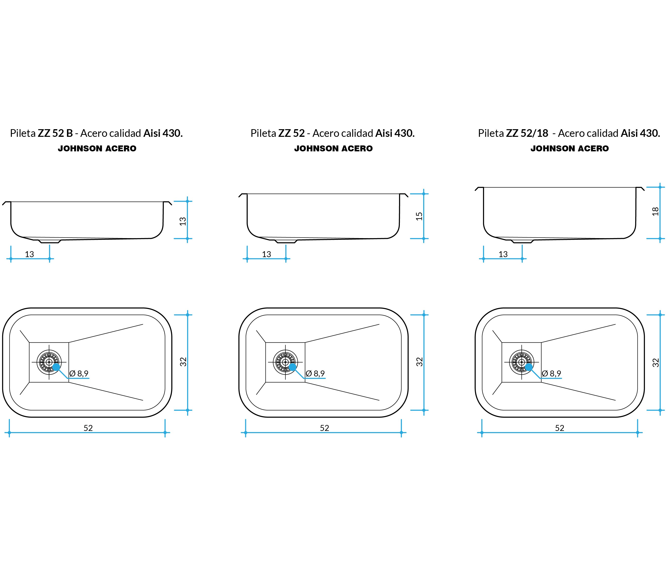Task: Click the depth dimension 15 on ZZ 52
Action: pos(419,216)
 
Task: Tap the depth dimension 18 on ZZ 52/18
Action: pos(655,212)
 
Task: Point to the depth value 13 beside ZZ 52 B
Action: pos(183,221)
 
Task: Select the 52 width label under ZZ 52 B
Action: pos(88,428)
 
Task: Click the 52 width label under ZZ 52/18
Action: pos(559,428)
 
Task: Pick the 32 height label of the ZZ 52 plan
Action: pos(419,362)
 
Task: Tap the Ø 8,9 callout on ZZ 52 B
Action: pos(79,373)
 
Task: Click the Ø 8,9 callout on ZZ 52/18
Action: pos(552,373)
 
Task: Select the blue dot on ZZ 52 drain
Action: pos(293,367)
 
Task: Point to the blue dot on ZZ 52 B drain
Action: pos(56,367)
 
